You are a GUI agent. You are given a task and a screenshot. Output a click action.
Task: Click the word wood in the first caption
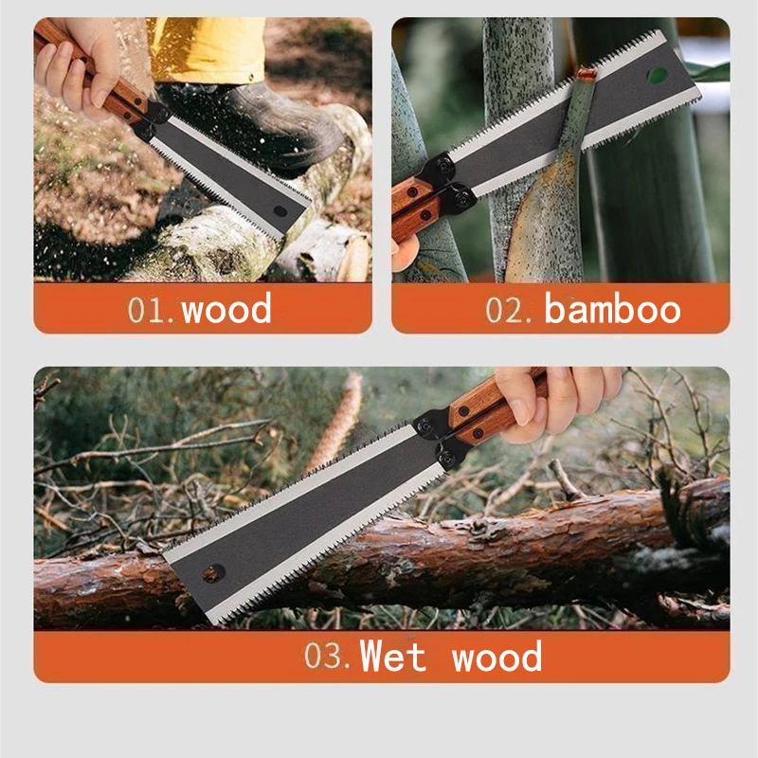point(226,309)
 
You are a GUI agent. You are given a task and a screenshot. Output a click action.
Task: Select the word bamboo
point(612,309)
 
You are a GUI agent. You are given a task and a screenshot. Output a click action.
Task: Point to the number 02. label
point(512,310)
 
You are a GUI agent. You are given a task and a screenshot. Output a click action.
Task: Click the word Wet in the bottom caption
point(393,657)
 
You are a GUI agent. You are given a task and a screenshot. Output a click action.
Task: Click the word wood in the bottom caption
point(496,657)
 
